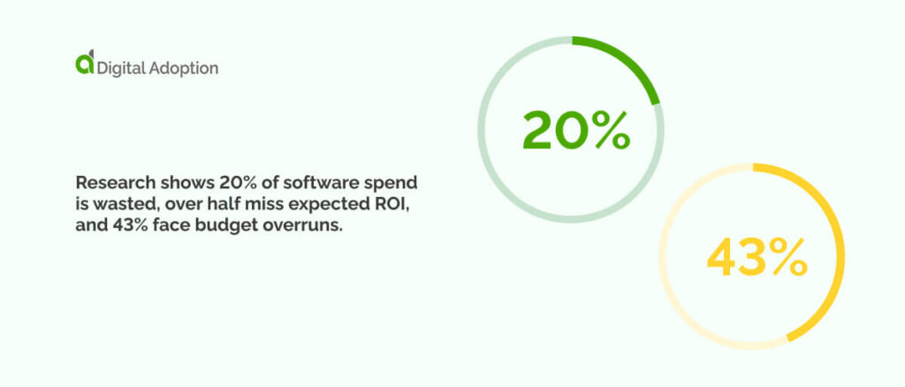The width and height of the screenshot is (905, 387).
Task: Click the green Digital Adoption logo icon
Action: pyautogui.click(x=85, y=63)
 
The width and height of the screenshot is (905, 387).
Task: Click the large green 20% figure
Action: pyautogui.click(x=575, y=131)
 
